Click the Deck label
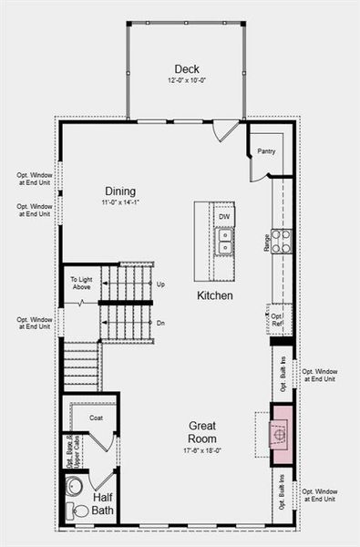187,69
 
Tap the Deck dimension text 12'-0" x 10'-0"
187,81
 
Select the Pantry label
266,151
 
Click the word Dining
119,191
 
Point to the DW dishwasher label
224,216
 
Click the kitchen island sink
223,241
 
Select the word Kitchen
215,296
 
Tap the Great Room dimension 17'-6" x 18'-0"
201,449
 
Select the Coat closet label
97,418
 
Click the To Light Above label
80,284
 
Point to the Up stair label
161,284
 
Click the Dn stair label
161,323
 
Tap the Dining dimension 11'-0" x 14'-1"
119,203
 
